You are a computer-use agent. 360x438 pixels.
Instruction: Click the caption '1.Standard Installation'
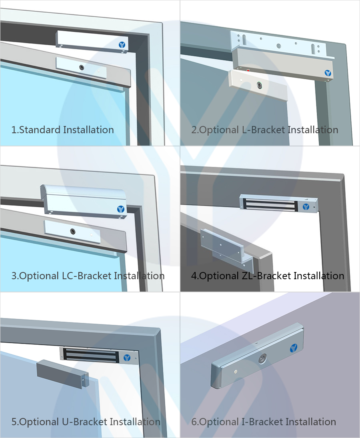(x=63, y=130)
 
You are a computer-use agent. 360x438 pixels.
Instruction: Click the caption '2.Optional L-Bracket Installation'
(x=264, y=130)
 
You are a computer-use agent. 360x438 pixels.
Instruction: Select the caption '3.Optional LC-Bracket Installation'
(x=88, y=276)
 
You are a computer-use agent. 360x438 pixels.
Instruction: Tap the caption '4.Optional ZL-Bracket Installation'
(x=267, y=276)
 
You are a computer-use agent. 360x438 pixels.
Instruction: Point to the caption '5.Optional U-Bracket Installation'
(x=86, y=422)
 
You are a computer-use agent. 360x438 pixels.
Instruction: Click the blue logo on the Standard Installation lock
(x=122, y=45)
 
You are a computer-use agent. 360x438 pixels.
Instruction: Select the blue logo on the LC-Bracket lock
(x=121, y=209)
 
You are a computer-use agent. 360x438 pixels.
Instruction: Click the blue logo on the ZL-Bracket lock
(x=306, y=207)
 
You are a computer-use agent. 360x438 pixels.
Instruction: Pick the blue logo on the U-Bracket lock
(x=127, y=358)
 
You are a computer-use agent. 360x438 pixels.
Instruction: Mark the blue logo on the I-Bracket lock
(x=294, y=348)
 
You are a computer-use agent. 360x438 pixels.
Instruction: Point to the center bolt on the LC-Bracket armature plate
(x=73, y=231)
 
